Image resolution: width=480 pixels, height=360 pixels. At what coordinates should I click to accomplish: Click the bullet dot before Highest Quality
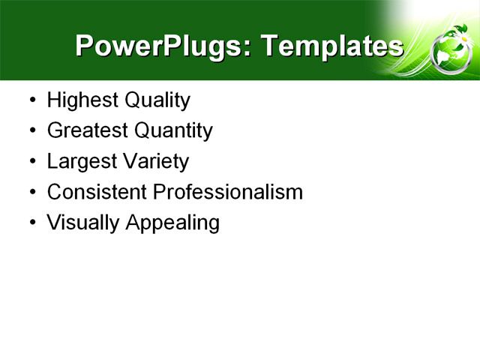point(31,100)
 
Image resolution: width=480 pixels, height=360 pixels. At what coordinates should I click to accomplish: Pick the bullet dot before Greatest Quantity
point(31,131)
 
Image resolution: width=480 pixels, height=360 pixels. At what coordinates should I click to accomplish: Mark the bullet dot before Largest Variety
point(31,162)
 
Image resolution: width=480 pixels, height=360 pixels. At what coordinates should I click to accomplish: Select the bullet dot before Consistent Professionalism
point(31,193)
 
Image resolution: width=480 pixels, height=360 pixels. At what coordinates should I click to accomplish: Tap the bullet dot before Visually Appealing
point(31,223)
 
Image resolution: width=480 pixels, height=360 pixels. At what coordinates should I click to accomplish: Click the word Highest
point(77,100)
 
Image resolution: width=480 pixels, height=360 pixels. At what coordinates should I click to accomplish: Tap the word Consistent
point(97,192)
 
